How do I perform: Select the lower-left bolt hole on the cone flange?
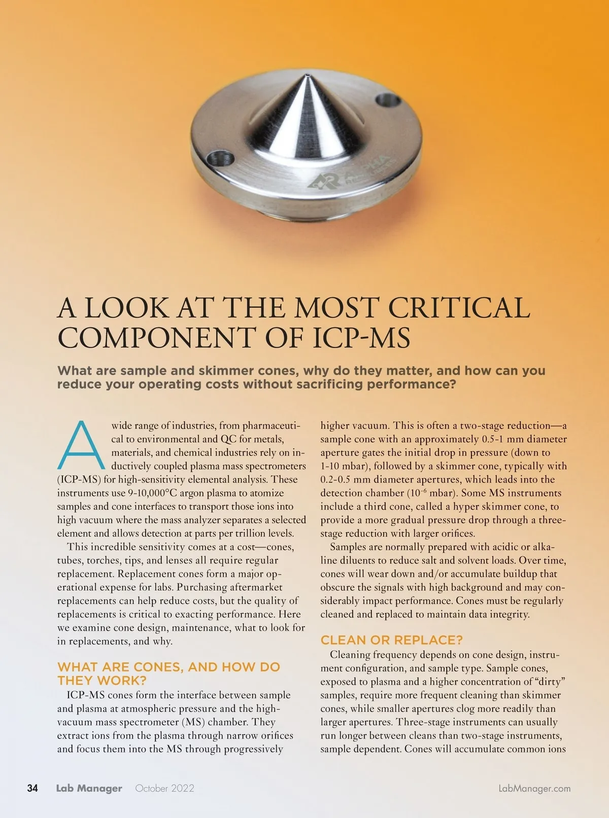pyautogui.click(x=221, y=158)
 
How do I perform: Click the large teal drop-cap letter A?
pyautogui.click(x=81, y=445)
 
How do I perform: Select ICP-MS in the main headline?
pyautogui.click(x=361, y=338)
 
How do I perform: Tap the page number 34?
pyautogui.click(x=32, y=788)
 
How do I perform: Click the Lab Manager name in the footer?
pyautogui.click(x=89, y=788)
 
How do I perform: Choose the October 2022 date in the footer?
pyautogui.click(x=164, y=788)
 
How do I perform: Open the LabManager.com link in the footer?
pyautogui.click(x=534, y=788)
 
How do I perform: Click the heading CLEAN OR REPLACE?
pyautogui.click(x=392, y=640)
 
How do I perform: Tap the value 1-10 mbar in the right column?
pyautogui.click(x=345, y=466)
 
